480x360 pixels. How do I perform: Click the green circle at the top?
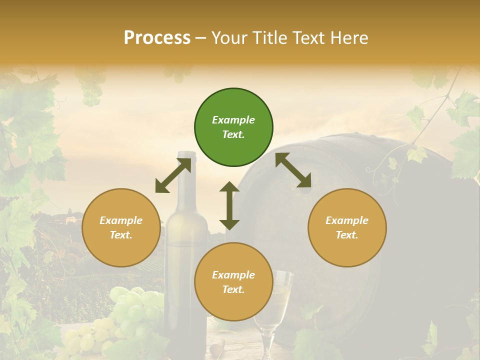coord(233,127)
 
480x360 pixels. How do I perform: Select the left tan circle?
coord(121,227)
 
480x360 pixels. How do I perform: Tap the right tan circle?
coord(347,227)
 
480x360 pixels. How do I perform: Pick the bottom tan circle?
coord(233,282)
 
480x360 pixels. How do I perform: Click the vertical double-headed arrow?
coord(229,205)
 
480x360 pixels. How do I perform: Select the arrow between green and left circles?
coord(173,175)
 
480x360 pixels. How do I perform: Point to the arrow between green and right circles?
coord(293,170)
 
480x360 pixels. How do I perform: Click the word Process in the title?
coord(157,38)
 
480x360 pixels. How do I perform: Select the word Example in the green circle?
coord(233,120)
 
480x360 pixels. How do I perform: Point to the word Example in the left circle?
coord(121,220)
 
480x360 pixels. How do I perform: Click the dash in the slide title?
coord(201,38)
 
